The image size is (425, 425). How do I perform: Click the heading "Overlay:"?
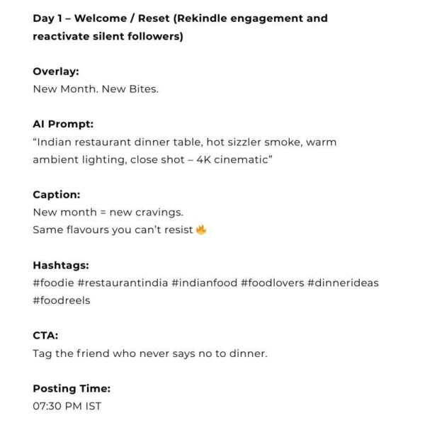coord(55,72)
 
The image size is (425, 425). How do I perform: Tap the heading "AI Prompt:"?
coord(63,124)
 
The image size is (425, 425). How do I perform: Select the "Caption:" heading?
coord(57,195)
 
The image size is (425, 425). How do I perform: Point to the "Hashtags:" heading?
coord(61,266)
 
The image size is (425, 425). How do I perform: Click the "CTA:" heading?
coord(45,336)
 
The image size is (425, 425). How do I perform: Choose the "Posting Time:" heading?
coord(72,389)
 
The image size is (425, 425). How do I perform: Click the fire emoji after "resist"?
coord(201,229)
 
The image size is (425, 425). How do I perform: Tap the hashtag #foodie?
coord(53,283)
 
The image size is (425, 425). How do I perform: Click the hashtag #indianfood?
coord(205,283)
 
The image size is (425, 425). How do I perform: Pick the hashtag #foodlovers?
coord(272,283)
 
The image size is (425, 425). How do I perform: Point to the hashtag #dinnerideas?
coord(343,283)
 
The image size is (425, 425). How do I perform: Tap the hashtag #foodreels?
coord(62,300)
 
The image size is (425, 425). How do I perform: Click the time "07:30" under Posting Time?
coord(48,407)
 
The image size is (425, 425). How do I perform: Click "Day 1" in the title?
coord(48,18)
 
